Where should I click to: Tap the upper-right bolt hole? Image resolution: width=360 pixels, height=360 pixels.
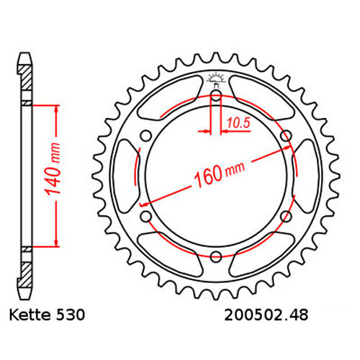286,135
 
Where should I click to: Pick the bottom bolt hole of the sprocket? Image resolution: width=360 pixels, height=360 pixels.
216,255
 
